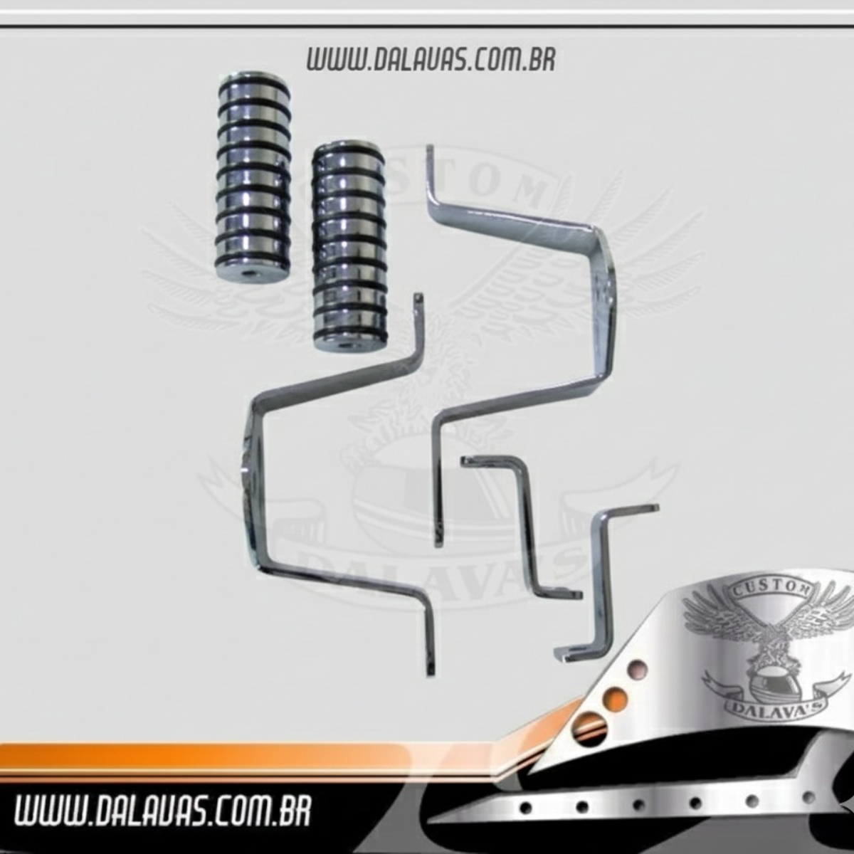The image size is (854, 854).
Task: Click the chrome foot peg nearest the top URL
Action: pyautogui.click(x=253, y=179)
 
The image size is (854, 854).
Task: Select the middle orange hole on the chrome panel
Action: pyautogui.click(x=615, y=700)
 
